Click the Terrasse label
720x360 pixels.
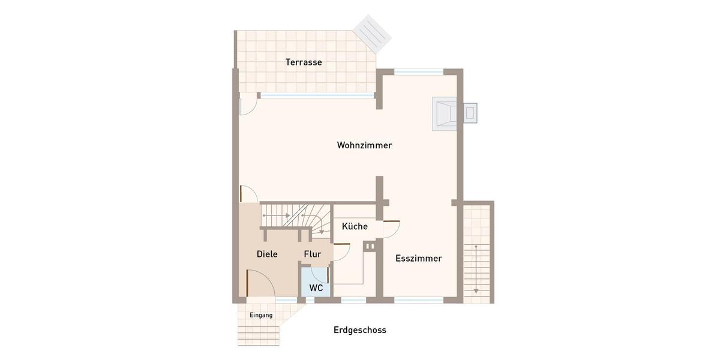304,62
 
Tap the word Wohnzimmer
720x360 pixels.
364,145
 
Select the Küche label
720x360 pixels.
355,226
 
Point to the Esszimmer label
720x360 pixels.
418,259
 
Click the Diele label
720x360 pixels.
267,254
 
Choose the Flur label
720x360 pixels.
313,254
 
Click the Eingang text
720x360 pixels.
261,315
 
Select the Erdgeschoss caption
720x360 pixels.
360,330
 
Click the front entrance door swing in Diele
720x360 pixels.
259,282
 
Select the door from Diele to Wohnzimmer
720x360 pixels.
248,194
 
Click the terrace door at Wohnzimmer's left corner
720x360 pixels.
248,106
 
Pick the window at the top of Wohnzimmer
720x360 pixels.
418,71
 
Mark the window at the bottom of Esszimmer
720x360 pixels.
418,299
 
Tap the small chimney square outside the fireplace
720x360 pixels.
471,112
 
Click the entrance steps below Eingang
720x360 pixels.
259,333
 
